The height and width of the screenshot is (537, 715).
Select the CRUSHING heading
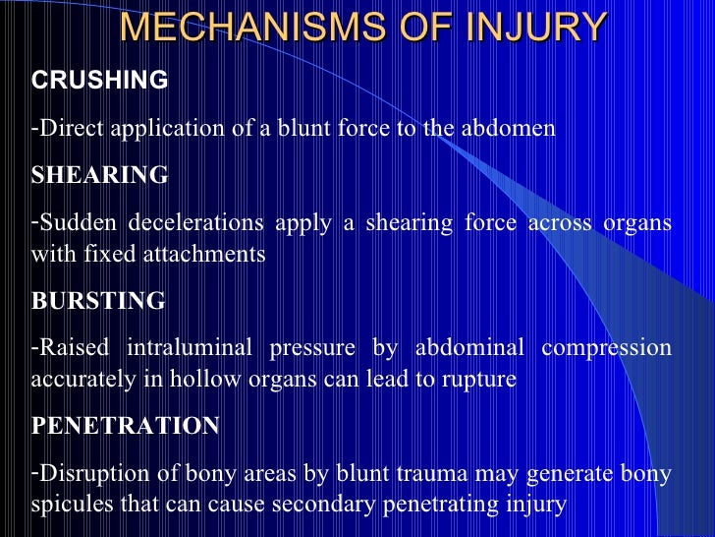(100, 81)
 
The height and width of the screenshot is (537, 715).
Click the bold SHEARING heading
(100, 175)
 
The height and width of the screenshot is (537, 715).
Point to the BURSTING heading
(98, 301)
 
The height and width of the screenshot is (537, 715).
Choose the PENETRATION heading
(126, 426)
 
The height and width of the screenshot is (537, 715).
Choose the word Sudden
(72, 223)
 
